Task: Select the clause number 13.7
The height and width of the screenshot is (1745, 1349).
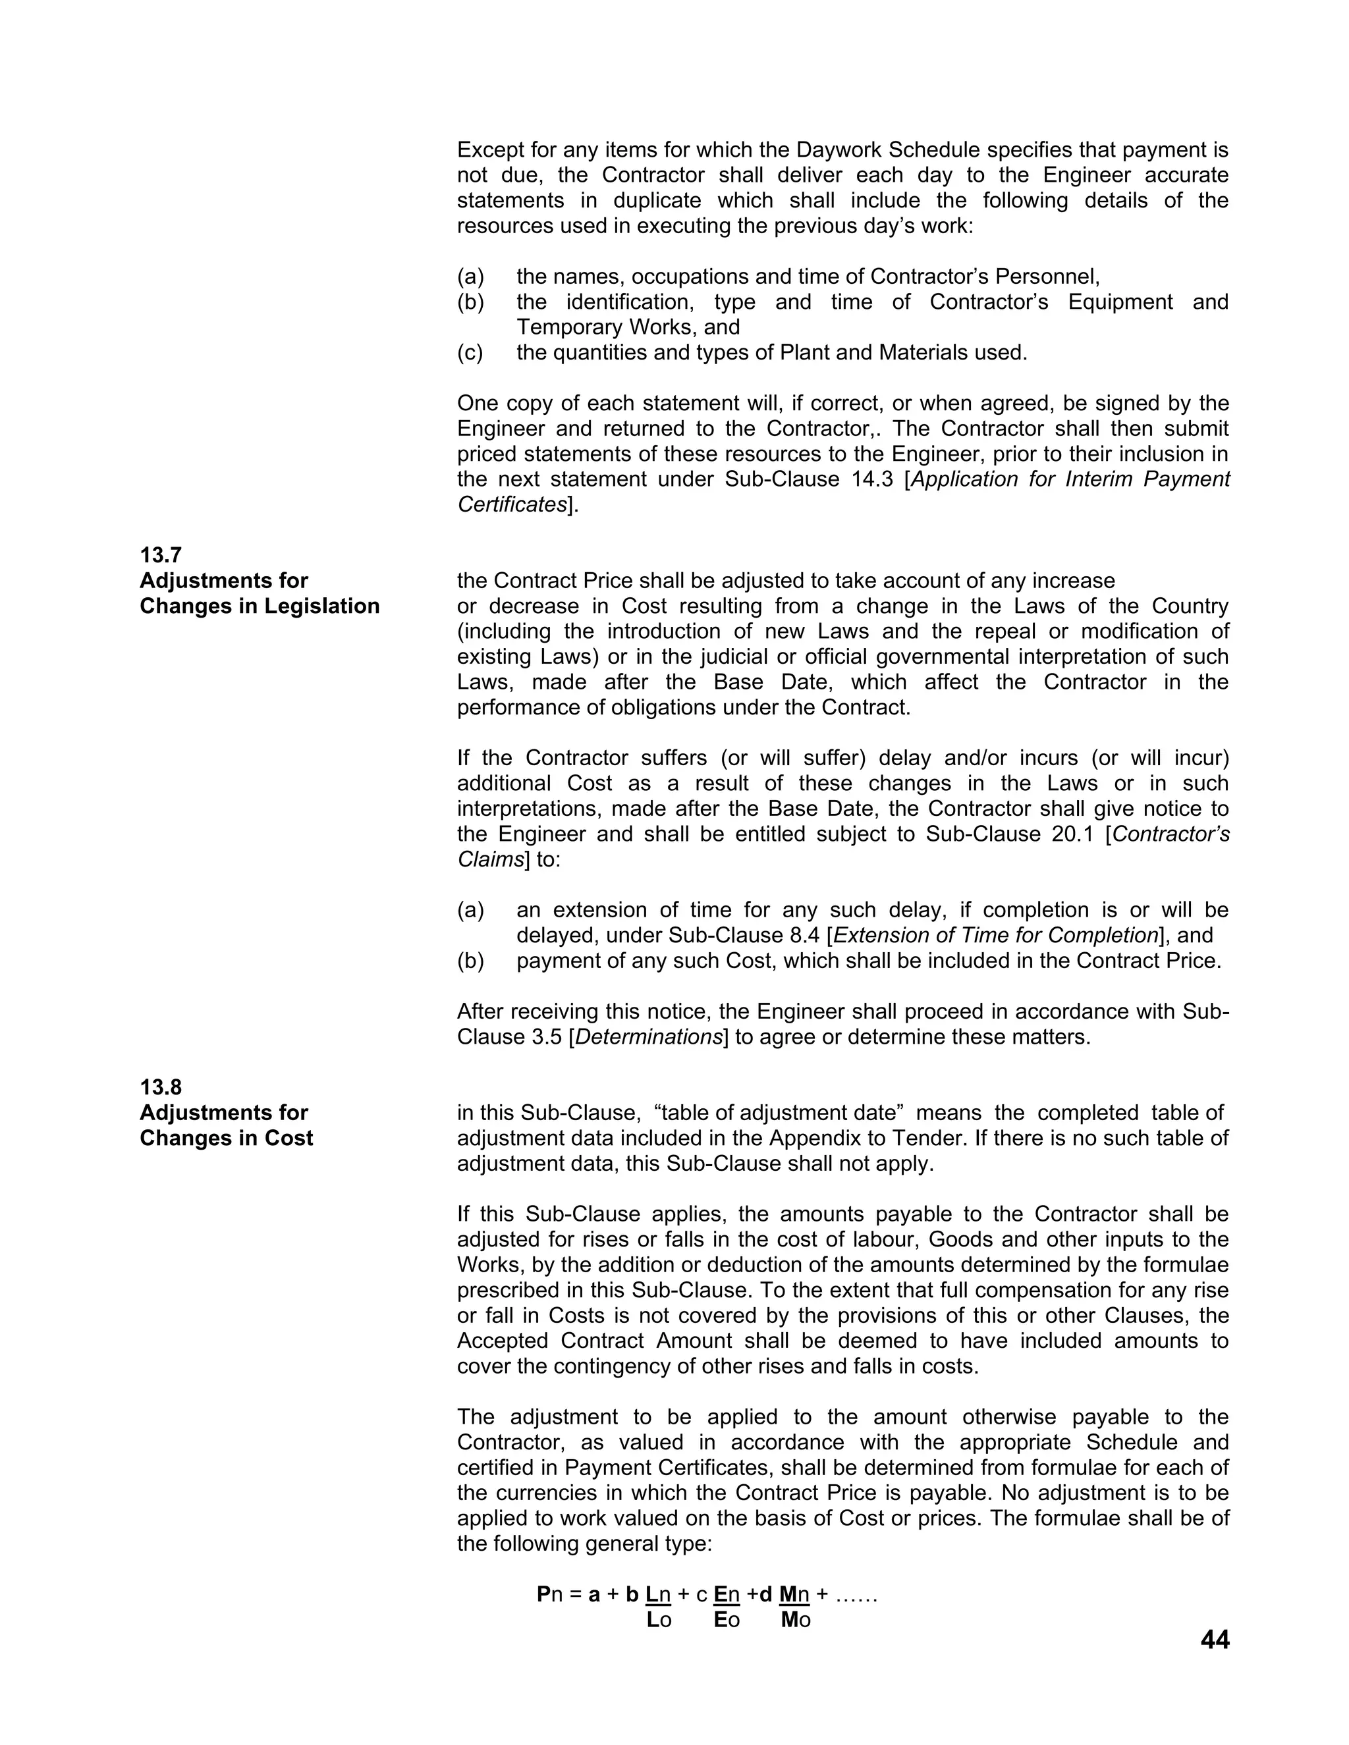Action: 161,554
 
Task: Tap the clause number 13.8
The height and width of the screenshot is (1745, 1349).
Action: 161,1087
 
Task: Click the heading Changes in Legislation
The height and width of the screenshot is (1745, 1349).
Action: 260,606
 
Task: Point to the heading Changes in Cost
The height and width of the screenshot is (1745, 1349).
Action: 226,1138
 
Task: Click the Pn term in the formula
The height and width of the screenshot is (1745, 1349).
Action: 550,1595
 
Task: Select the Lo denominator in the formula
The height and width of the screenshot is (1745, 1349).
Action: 659,1621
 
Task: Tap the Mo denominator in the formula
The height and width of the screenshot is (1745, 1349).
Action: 795,1621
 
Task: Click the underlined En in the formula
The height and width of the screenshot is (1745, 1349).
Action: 727,1595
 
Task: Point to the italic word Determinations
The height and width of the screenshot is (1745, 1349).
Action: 648,1037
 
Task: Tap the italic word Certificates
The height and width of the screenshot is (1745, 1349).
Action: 511,505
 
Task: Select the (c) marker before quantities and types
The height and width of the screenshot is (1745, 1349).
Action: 470,352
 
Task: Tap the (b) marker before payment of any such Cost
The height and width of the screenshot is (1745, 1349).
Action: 470,960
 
